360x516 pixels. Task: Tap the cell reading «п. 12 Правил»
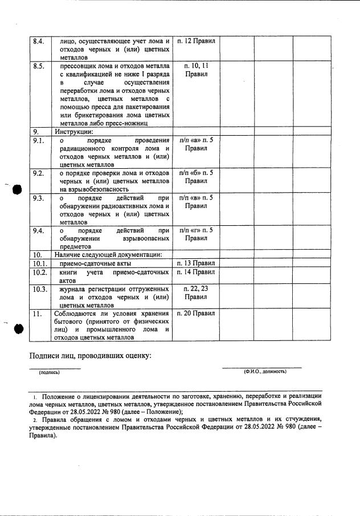(x=196, y=42)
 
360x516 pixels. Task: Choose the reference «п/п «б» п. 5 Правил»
(x=196, y=177)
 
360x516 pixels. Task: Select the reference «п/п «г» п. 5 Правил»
(x=196, y=234)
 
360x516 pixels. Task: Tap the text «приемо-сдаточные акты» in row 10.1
(x=93, y=263)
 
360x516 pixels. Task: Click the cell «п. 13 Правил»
(x=196, y=263)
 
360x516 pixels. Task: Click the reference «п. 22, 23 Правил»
(x=196, y=293)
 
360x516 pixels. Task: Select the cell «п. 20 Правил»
(x=196, y=314)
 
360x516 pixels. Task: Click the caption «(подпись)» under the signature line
(x=49, y=372)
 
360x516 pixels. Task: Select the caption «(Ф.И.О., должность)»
(x=265, y=371)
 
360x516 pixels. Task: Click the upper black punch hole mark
(x=17, y=189)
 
